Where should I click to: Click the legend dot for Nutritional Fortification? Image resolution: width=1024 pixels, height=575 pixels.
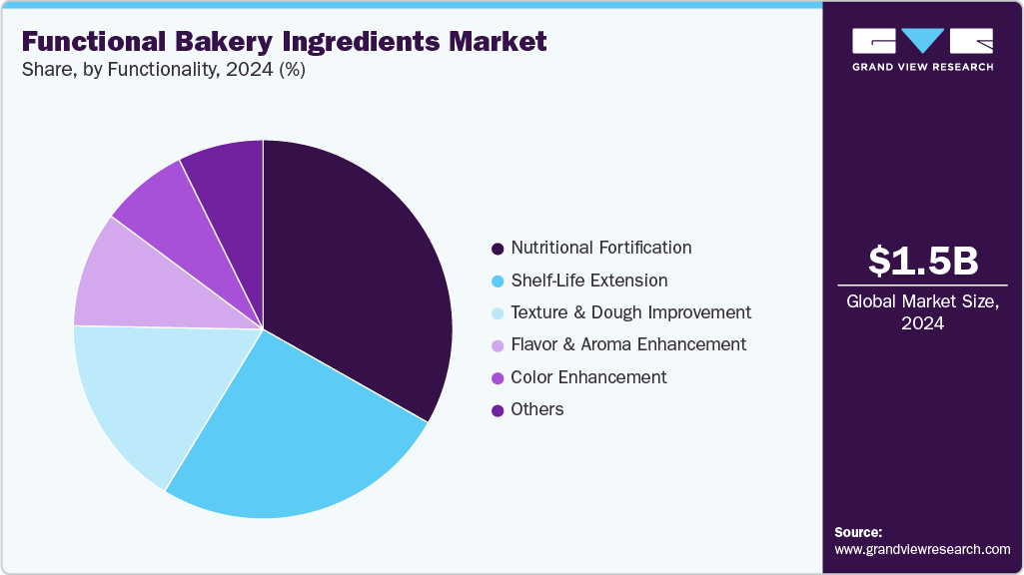click(498, 248)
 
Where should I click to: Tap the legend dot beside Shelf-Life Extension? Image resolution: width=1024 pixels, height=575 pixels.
click(498, 281)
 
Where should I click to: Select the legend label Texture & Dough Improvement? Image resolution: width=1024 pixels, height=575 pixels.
click(630, 312)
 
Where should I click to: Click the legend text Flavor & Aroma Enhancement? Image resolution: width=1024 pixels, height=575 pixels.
click(628, 344)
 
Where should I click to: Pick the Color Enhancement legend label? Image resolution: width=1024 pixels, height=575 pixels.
click(588, 377)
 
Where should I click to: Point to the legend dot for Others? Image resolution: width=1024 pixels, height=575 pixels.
click(498, 410)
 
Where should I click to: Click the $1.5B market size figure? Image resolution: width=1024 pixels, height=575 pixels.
click(922, 262)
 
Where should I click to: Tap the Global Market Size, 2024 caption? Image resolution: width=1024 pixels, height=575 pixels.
click(922, 311)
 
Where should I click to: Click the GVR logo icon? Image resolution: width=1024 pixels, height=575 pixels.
click(922, 42)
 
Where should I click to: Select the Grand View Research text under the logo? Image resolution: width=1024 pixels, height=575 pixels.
click(922, 67)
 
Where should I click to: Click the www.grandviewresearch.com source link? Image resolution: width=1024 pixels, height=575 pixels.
click(922, 549)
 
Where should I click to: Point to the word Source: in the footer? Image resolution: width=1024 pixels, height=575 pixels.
click(858, 532)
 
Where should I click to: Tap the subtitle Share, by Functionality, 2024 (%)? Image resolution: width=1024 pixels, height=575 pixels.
click(164, 72)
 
